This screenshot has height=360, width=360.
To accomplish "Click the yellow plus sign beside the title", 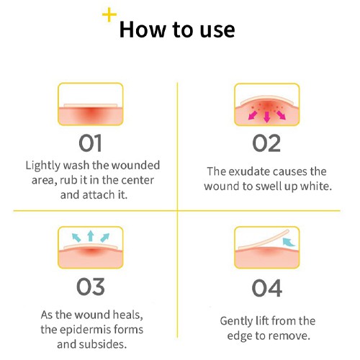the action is coord(109,14).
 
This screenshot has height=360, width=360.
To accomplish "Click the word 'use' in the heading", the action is coord(217,30).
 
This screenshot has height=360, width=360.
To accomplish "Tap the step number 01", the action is coord(90,143).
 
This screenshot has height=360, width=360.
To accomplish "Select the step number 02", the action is coord(266,143).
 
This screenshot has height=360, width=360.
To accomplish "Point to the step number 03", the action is coord(91,287).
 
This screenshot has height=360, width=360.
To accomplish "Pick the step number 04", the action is coord(267,288).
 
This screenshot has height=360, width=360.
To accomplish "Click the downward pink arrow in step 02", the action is coord(266,117).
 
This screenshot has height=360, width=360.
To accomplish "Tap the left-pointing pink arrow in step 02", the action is coord(253,115).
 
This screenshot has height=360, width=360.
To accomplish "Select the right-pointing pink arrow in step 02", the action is coord(281,115).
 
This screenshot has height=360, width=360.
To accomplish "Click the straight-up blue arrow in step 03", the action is coord(90,236).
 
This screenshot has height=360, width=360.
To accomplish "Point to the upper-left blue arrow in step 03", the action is coord(76,238).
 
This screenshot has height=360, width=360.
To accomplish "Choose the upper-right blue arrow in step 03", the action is coord(104,238).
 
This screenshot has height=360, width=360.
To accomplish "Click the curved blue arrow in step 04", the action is coord(289,242).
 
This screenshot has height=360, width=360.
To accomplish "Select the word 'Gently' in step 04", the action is coord(236,322).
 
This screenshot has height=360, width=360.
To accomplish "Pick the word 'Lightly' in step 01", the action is coord(42,166).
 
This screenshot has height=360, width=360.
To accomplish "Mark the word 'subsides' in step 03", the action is coord(103,344).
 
